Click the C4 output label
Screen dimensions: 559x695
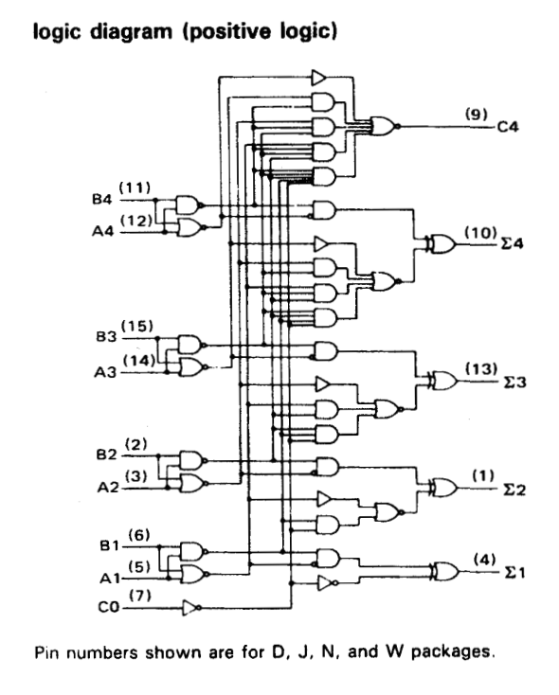click(x=508, y=127)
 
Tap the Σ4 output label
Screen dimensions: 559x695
click(x=512, y=243)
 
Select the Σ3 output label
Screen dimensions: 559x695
click(x=514, y=382)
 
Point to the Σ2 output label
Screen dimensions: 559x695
click(x=514, y=490)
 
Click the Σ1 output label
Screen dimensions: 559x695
click(x=514, y=573)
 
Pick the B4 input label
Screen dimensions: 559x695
click(x=102, y=200)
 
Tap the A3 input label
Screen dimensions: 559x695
click(x=105, y=372)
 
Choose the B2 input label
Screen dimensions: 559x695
click(x=106, y=454)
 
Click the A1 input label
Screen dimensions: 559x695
click(x=110, y=578)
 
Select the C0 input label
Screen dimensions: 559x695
click(x=109, y=606)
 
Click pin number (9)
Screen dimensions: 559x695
click(x=476, y=114)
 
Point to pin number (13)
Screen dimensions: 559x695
click(x=481, y=368)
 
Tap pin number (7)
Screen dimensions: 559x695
click(x=140, y=596)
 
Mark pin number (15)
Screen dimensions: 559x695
click(x=137, y=327)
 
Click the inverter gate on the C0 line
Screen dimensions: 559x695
click(x=192, y=608)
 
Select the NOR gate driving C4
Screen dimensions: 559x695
click(x=385, y=126)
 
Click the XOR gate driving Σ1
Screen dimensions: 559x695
click(x=445, y=572)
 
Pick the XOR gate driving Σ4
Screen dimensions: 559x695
click(x=441, y=243)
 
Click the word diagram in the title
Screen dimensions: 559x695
click(x=131, y=32)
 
